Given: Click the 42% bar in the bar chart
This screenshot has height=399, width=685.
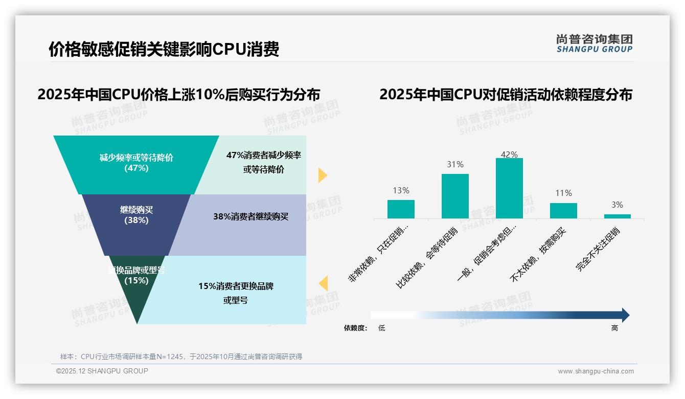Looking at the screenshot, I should tap(509, 188).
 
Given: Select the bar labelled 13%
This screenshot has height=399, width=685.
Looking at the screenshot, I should tap(401, 209).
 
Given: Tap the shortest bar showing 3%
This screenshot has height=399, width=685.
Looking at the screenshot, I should tap(617, 216).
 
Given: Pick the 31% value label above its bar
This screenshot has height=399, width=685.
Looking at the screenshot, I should tap(455, 165).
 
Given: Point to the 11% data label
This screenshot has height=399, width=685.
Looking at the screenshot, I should tap(563, 193).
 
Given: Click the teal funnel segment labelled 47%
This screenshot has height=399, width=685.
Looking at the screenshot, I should tap(136, 164).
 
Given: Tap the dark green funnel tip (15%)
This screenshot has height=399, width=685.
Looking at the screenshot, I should tap(137, 292).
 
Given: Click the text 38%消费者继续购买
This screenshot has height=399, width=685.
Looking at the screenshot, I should tap(250, 217).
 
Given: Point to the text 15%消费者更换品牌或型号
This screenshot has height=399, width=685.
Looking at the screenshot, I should tap(236, 293).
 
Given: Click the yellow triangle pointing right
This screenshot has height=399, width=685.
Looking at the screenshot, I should tap(322, 175).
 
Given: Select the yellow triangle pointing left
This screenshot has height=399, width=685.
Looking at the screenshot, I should tap(323, 283).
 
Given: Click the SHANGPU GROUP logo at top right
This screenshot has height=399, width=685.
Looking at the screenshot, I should tap(594, 43).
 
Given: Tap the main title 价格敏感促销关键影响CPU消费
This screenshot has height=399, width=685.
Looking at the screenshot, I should tap(164, 49).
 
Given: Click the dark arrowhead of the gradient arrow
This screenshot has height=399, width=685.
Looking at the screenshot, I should tap(625, 315).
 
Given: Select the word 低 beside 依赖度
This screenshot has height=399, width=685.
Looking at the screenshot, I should tap(381, 328).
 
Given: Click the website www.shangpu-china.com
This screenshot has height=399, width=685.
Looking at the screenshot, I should tap(596, 371).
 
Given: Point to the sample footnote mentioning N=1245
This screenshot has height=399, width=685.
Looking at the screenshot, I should tap(181, 357).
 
